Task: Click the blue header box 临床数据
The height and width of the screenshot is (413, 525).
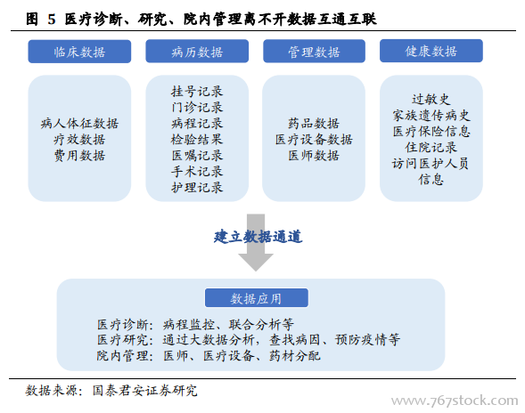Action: point(79,52)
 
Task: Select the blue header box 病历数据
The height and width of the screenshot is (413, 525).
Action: point(197,51)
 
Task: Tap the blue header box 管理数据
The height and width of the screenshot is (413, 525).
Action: point(314,51)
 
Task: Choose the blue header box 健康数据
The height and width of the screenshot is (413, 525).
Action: point(431,51)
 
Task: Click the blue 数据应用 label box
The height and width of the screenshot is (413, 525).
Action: point(257,298)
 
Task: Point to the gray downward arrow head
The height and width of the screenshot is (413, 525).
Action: point(256,263)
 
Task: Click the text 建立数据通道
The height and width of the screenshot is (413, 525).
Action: point(258,237)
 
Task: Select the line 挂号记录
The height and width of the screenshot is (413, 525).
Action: point(197,92)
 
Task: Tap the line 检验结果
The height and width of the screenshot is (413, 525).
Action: point(197,140)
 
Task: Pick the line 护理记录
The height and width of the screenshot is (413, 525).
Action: point(197,188)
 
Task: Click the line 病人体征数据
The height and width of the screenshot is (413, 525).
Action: point(79,124)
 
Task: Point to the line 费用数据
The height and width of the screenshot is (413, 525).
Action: point(79,156)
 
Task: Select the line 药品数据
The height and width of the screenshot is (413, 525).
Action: point(314,124)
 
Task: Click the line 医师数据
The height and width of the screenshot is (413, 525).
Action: point(314,156)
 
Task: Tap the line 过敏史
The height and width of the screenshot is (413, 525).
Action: point(431,100)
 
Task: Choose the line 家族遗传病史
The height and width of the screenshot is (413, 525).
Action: point(431,116)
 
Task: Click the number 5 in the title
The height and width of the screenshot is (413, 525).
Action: point(51,20)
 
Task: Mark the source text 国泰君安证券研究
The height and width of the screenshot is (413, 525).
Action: point(145,391)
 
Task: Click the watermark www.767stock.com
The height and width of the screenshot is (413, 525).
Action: point(455,401)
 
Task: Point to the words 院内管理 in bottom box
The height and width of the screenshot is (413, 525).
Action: point(122,356)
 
